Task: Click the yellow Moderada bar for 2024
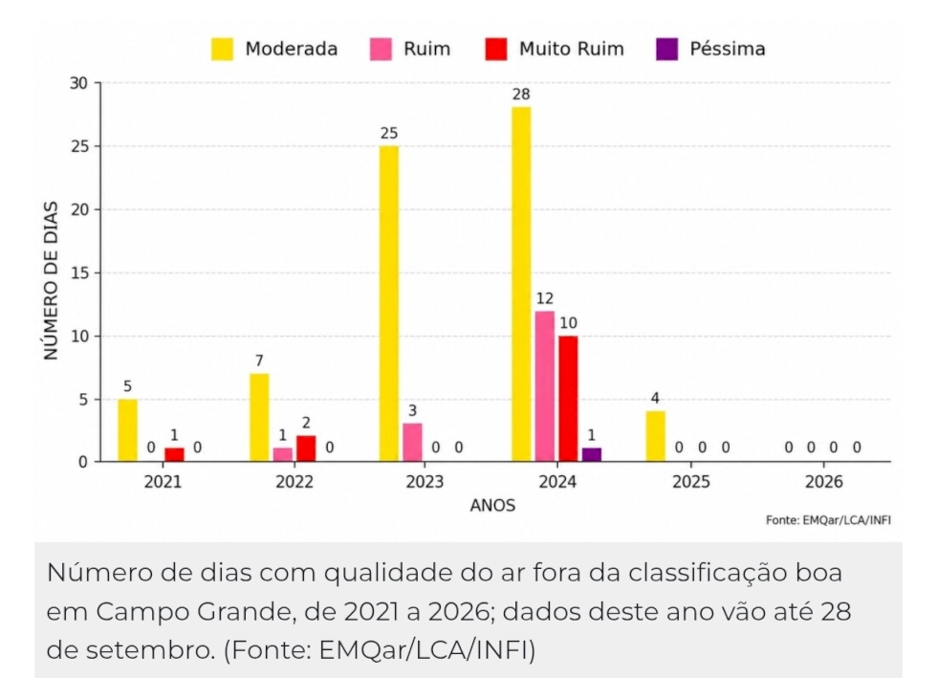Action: point(521,285)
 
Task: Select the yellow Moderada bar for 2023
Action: point(389,304)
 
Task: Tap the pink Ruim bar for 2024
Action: point(544,386)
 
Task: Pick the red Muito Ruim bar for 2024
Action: point(568,399)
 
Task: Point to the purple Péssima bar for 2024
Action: point(592,455)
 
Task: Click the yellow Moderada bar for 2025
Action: point(656,436)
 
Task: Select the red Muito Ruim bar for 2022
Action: point(306,449)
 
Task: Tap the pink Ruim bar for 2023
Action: point(412,443)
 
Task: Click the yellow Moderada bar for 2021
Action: point(127,430)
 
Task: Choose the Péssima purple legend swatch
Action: point(667,49)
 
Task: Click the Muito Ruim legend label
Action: point(572,49)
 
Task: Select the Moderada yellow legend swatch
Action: point(222,49)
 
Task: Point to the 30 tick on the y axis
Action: point(78,83)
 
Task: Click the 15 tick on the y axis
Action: point(78,273)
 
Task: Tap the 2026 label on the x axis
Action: point(823,482)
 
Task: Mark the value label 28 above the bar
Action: point(521,95)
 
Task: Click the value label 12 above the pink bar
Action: point(544,298)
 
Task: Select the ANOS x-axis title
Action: point(492,506)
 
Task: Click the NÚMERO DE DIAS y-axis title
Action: point(52,281)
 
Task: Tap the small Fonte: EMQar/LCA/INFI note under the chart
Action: point(828,520)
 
